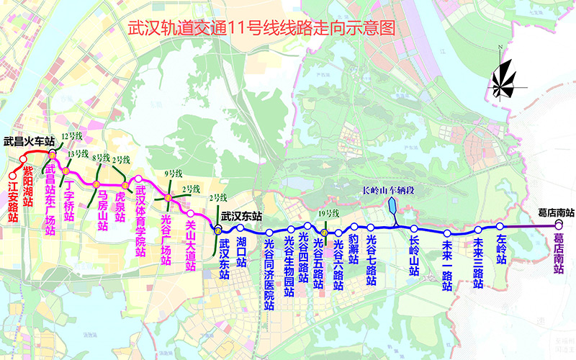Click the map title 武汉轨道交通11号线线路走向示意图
point(261,28)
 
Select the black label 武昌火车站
point(30,142)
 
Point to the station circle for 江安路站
point(12,175)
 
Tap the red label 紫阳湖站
point(28,186)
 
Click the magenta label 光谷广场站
point(166,228)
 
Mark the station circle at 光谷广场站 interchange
point(167,197)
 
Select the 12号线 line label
point(72,135)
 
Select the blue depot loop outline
point(392,208)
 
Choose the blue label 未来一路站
point(446,265)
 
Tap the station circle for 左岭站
point(500,226)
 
